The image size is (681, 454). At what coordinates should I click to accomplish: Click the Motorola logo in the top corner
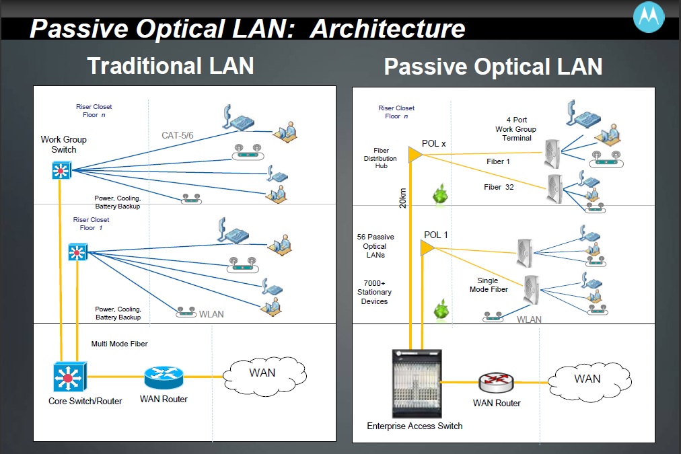coord(649,18)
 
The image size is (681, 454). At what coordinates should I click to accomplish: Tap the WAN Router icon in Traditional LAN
coord(164,377)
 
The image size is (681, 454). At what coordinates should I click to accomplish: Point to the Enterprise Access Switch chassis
coord(416,385)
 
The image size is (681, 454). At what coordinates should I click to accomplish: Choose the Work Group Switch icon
coord(61,171)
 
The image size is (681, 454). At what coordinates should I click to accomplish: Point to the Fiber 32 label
coord(499,187)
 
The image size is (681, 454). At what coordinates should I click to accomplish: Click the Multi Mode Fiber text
coord(119,344)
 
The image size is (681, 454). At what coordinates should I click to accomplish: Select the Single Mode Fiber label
coord(488,285)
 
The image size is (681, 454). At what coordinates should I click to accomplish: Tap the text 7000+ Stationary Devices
coord(374,292)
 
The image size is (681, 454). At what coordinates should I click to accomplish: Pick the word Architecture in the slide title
coord(388,29)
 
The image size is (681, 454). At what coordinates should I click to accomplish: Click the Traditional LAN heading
coord(170,66)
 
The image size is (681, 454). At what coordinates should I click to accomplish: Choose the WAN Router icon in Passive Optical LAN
coord(497,383)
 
